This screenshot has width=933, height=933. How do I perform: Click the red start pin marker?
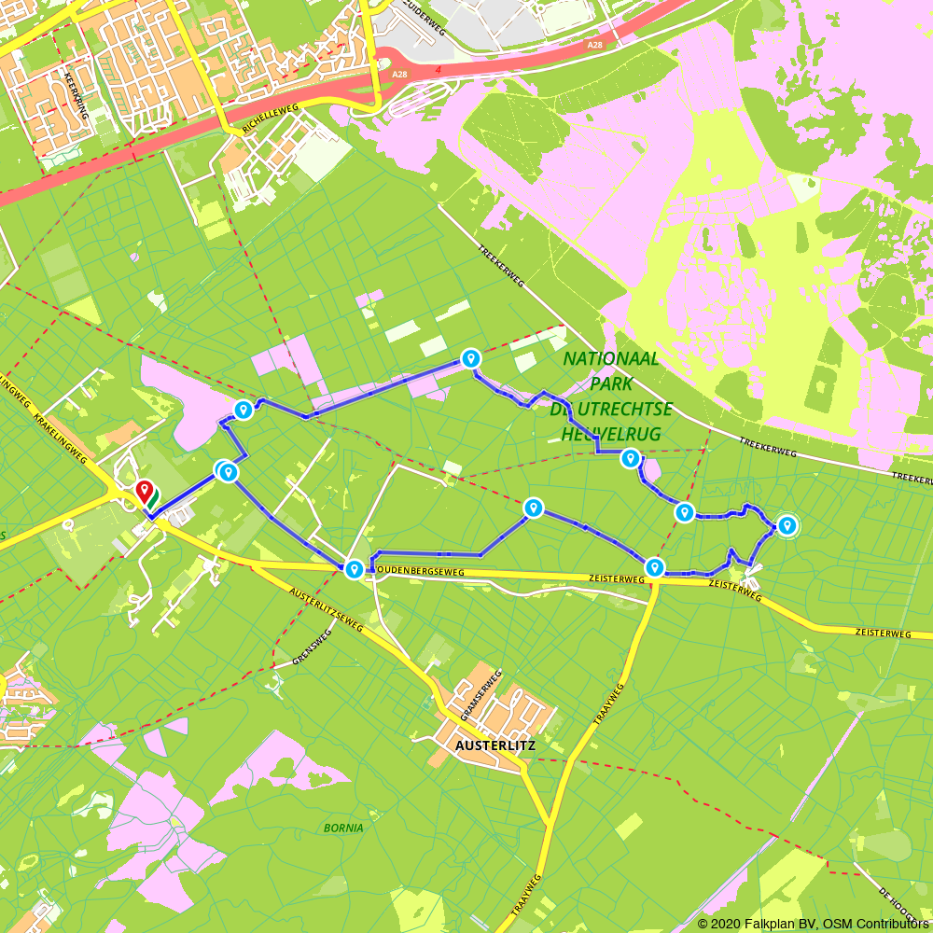[x=144, y=490]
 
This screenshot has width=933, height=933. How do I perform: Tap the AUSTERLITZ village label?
[x=486, y=746]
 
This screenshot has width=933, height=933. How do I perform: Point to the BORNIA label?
[x=343, y=828]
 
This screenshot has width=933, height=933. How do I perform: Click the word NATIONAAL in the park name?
[x=612, y=359]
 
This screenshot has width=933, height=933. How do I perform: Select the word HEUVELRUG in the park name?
[x=611, y=434]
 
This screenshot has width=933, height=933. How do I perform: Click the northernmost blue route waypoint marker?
[x=471, y=358]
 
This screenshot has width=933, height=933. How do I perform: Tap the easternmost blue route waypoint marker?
[x=787, y=526]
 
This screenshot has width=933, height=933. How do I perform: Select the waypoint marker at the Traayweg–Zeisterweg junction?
[x=654, y=567]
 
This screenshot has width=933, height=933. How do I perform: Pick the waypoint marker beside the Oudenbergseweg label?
[x=354, y=569]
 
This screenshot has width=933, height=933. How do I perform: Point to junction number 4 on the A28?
[x=438, y=68]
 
